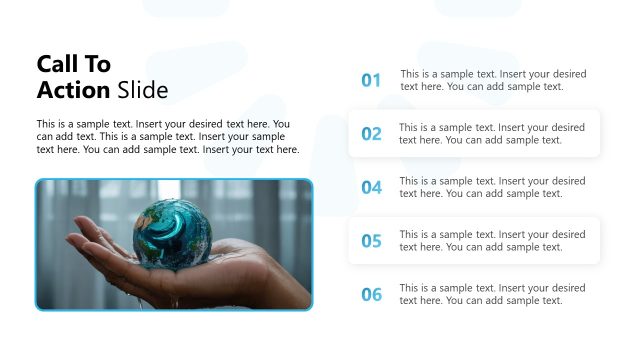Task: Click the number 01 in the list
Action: [371, 80]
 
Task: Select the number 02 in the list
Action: [371, 134]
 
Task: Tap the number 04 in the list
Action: [371, 187]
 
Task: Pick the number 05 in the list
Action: [371, 241]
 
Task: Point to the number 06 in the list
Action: [371, 294]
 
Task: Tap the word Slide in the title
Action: [142, 90]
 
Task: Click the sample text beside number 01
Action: [493, 80]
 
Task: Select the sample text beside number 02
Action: [492, 134]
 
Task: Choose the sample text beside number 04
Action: [493, 187]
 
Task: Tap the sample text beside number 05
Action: [492, 241]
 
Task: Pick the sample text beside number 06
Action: [493, 294]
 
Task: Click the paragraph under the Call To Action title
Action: [168, 137]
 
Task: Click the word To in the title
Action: [98, 64]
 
